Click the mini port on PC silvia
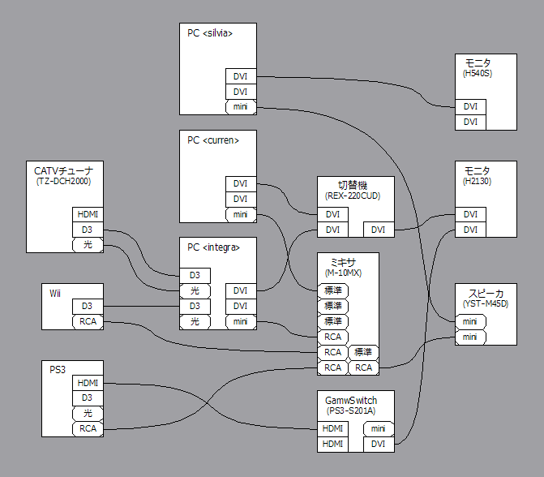click(x=241, y=106)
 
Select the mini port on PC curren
click(x=241, y=215)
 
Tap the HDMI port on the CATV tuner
click(x=88, y=215)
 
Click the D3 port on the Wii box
click(x=88, y=306)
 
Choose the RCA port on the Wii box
click(x=88, y=322)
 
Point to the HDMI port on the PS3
click(x=88, y=383)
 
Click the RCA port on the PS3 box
click(x=88, y=428)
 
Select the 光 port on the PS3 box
click(x=88, y=413)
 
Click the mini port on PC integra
click(x=241, y=322)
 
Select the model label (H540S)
click(x=478, y=74)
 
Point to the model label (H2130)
click(x=478, y=182)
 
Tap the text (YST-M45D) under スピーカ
click(x=486, y=303)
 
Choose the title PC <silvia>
click(x=210, y=33)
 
